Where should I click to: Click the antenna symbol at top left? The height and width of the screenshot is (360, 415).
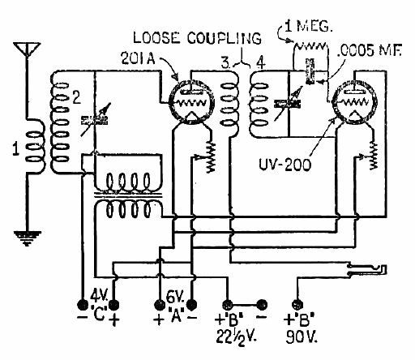click(27, 49)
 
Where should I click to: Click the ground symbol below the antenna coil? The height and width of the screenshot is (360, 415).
click(28, 238)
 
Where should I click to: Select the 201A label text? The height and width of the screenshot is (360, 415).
click(138, 58)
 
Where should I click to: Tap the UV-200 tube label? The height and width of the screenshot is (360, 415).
click(285, 164)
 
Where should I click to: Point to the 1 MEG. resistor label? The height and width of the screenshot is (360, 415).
click(308, 26)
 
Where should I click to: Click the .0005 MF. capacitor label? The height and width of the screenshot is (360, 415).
click(370, 50)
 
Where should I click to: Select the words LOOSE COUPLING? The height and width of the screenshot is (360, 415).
click(197, 38)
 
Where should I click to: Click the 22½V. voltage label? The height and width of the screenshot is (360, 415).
click(236, 337)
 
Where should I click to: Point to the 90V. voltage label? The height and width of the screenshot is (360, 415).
click(302, 336)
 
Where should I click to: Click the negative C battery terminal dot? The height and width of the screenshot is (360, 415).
click(83, 305)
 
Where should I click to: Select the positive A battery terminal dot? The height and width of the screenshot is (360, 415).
click(160, 305)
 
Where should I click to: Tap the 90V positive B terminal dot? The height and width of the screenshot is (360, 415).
click(297, 305)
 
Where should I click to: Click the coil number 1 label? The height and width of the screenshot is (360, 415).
click(16, 149)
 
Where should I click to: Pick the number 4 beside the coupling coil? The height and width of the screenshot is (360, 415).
click(261, 62)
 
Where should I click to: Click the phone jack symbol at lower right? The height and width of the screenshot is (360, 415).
click(367, 269)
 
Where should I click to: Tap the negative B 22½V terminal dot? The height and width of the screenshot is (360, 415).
click(262, 305)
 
